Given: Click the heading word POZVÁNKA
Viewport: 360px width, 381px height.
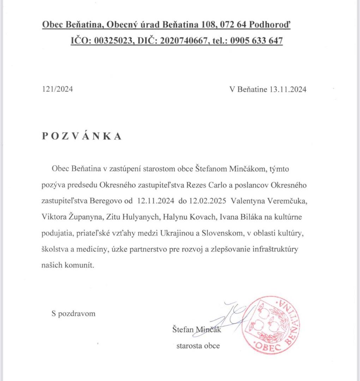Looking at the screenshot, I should tap(82, 137).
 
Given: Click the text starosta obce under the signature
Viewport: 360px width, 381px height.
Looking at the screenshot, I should tap(198, 346).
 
